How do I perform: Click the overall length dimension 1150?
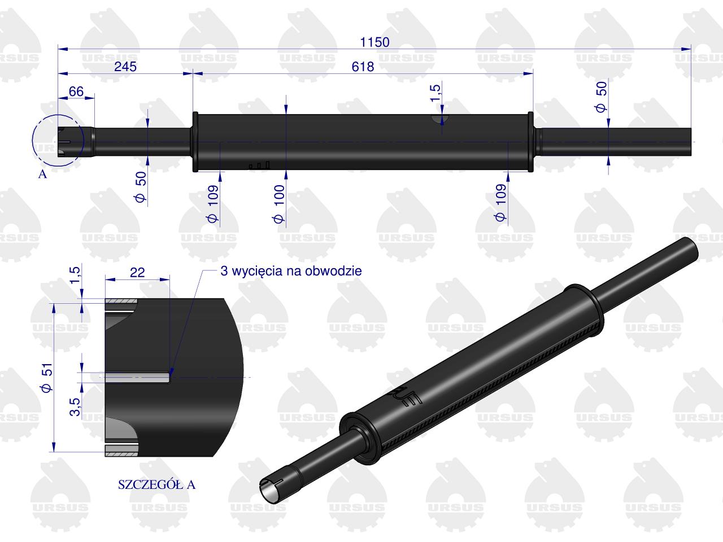[375, 42]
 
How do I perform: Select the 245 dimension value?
[125, 67]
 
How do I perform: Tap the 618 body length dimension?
[363, 67]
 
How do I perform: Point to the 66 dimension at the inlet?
[76, 91]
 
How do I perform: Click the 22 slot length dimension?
[137, 272]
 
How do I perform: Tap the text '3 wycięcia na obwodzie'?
[291, 271]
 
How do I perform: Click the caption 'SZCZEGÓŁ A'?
[156, 484]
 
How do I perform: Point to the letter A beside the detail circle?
[42, 174]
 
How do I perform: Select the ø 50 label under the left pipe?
[141, 187]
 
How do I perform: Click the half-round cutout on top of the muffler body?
[440, 119]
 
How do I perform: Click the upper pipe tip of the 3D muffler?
[690, 248]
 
